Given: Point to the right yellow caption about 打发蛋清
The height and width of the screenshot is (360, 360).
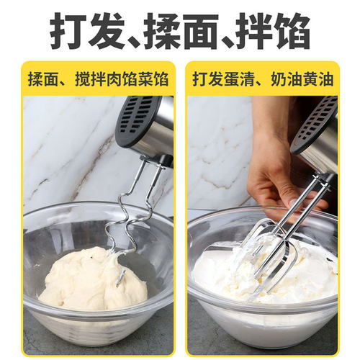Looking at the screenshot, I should (x=264, y=79).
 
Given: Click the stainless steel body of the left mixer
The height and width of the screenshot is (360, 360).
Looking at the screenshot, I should (x=160, y=133).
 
